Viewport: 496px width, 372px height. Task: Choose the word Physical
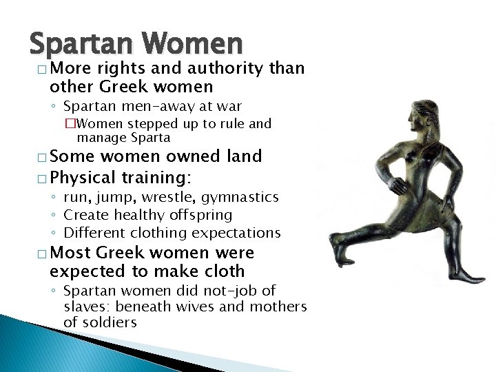[x=83, y=178]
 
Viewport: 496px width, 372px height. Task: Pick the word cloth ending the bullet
[x=221, y=271]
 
